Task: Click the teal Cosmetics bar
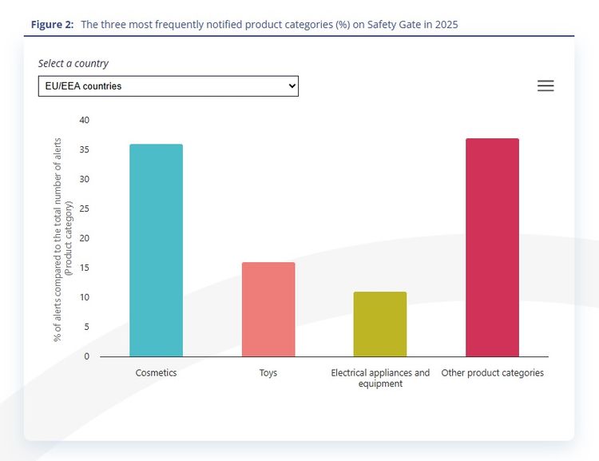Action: tap(157, 250)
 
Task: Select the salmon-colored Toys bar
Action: tap(268, 309)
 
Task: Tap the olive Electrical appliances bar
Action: tap(380, 324)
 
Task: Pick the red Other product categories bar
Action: tap(493, 248)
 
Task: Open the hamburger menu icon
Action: tap(545, 85)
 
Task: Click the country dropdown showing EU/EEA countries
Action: tap(168, 86)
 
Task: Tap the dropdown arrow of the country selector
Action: tap(292, 86)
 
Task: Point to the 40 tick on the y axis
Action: tap(85, 120)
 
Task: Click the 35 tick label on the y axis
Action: tap(85, 149)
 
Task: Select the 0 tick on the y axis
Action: tap(87, 356)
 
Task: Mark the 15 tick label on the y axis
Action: tap(85, 268)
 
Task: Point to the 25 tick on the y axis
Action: tap(85, 209)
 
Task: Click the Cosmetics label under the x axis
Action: tap(157, 372)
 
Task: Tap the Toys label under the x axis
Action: tap(268, 373)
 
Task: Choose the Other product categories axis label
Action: tap(493, 373)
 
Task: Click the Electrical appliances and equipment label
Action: tap(380, 378)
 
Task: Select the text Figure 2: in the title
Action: tap(53, 25)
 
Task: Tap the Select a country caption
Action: tap(73, 63)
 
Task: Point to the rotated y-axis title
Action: tap(62, 240)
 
